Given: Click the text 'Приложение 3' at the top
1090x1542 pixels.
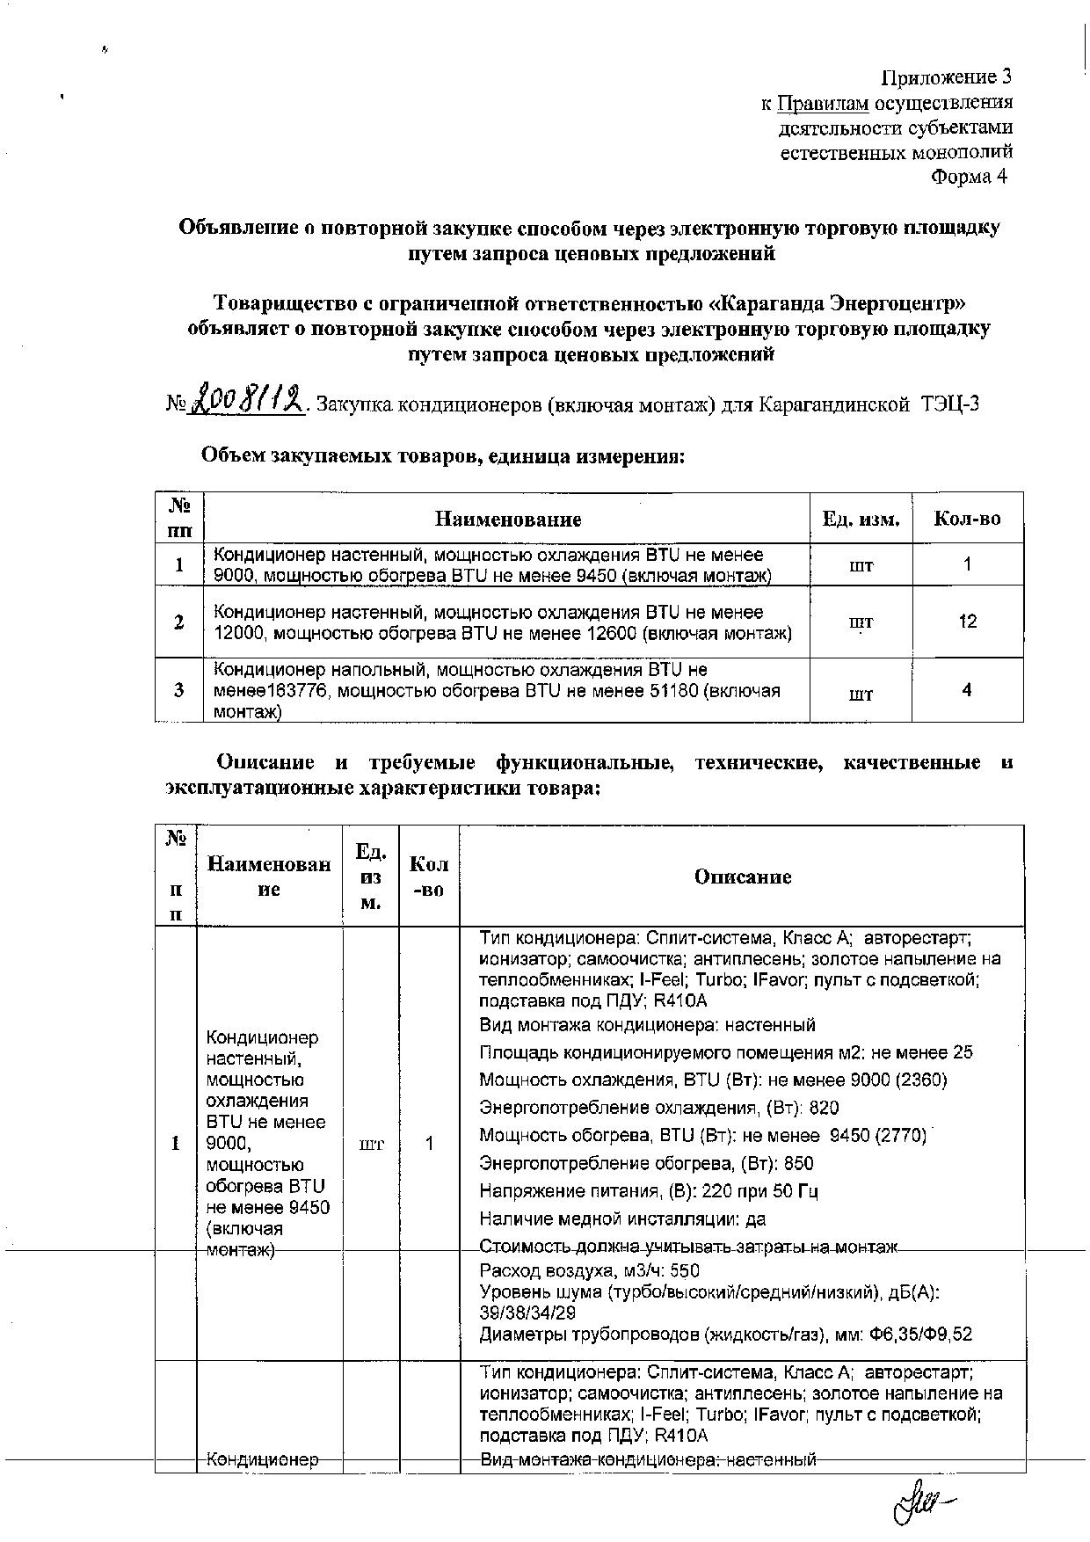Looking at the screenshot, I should (947, 77).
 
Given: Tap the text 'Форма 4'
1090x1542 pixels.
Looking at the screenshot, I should (970, 177).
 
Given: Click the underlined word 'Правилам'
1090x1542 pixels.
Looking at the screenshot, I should (823, 104).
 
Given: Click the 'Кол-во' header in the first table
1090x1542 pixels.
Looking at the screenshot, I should (967, 519).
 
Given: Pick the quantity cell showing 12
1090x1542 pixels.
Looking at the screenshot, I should (967, 622).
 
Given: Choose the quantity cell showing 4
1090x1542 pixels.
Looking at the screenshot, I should (967, 690).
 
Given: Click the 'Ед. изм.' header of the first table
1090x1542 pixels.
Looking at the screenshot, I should (861, 519).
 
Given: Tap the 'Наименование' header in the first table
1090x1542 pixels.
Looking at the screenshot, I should (508, 519).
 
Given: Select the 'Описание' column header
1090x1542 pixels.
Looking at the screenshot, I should (743, 876).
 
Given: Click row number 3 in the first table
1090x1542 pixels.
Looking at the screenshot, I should (179, 690).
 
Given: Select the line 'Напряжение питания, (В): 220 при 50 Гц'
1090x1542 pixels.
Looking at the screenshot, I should (649, 1191).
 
